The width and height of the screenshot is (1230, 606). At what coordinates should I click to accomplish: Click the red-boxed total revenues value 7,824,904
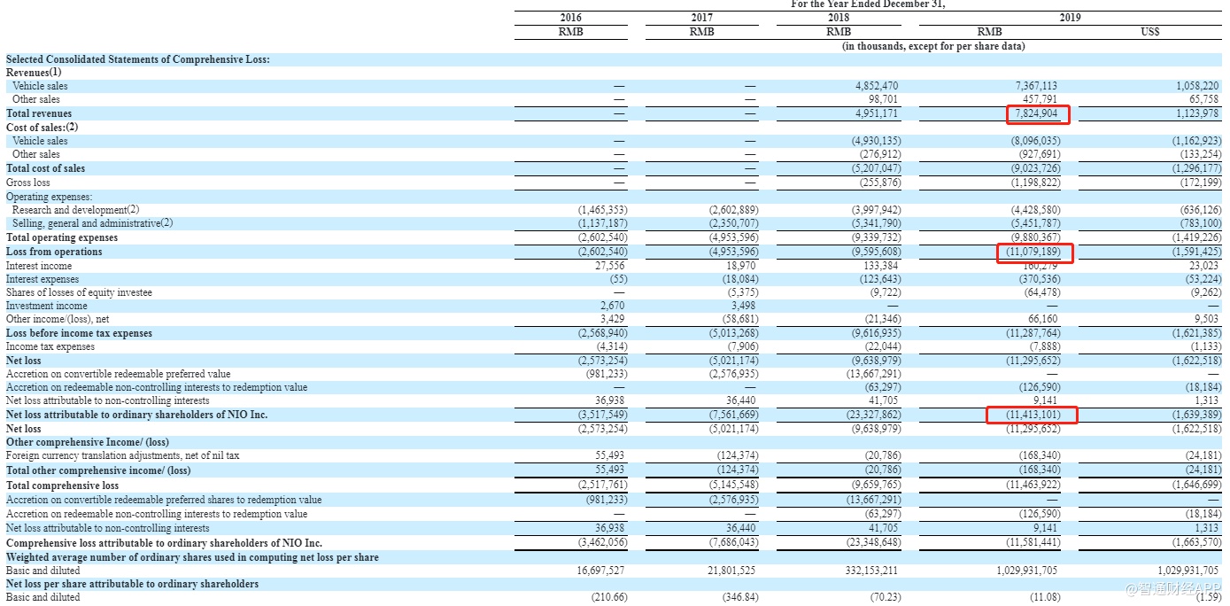click(x=1037, y=113)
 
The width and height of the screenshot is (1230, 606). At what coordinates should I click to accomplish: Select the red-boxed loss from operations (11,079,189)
click(x=1031, y=252)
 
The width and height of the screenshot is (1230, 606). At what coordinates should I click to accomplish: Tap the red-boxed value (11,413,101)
click(x=1031, y=415)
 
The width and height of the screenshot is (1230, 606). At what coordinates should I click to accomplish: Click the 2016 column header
click(x=571, y=18)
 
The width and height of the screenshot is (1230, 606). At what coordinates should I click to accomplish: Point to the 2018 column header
click(x=838, y=18)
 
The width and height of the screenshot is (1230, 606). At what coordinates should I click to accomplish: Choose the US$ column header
click(x=1150, y=32)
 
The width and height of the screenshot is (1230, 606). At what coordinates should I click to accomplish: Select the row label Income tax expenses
click(x=50, y=347)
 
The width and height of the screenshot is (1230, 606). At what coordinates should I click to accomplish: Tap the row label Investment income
click(x=47, y=306)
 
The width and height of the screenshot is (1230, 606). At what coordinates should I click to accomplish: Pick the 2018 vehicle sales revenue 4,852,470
click(x=877, y=86)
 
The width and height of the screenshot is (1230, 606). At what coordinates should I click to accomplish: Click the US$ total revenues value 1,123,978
click(x=1195, y=113)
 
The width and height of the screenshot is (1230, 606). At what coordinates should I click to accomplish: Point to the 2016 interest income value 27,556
click(x=611, y=265)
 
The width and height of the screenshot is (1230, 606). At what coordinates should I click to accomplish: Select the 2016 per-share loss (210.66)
click(x=609, y=597)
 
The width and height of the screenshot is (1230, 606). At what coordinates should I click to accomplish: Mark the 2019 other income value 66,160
click(x=1042, y=319)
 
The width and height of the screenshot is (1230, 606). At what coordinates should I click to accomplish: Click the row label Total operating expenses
click(x=62, y=237)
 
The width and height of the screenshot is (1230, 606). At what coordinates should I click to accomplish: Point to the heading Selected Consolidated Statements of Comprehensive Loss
click(x=138, y=59)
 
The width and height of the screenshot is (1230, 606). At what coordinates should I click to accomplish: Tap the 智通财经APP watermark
click(x=1169, y=589)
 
